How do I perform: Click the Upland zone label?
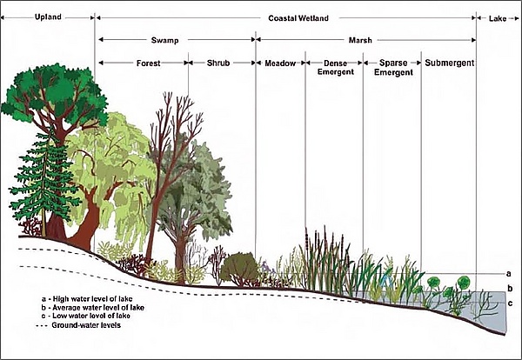point(48,17)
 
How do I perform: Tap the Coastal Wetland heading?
point(298,18)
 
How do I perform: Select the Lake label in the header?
point(498,18)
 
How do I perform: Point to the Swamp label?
point(164,40)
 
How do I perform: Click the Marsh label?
point(360,40)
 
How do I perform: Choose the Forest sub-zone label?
point(149,63)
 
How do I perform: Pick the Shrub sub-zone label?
point(218,63)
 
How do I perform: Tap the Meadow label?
point(280,63)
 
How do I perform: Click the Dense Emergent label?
point(336,68)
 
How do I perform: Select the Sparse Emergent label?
point(393,68)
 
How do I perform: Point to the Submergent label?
point(450,63)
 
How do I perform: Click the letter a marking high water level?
point(508,274)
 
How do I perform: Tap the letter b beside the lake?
point(510,288)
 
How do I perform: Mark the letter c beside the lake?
point(510,303)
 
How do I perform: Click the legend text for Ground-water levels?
point(86,325)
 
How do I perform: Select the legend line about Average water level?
point(94,308)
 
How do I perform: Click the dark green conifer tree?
point(44,180)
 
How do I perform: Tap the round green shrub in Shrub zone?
point(239,269)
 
